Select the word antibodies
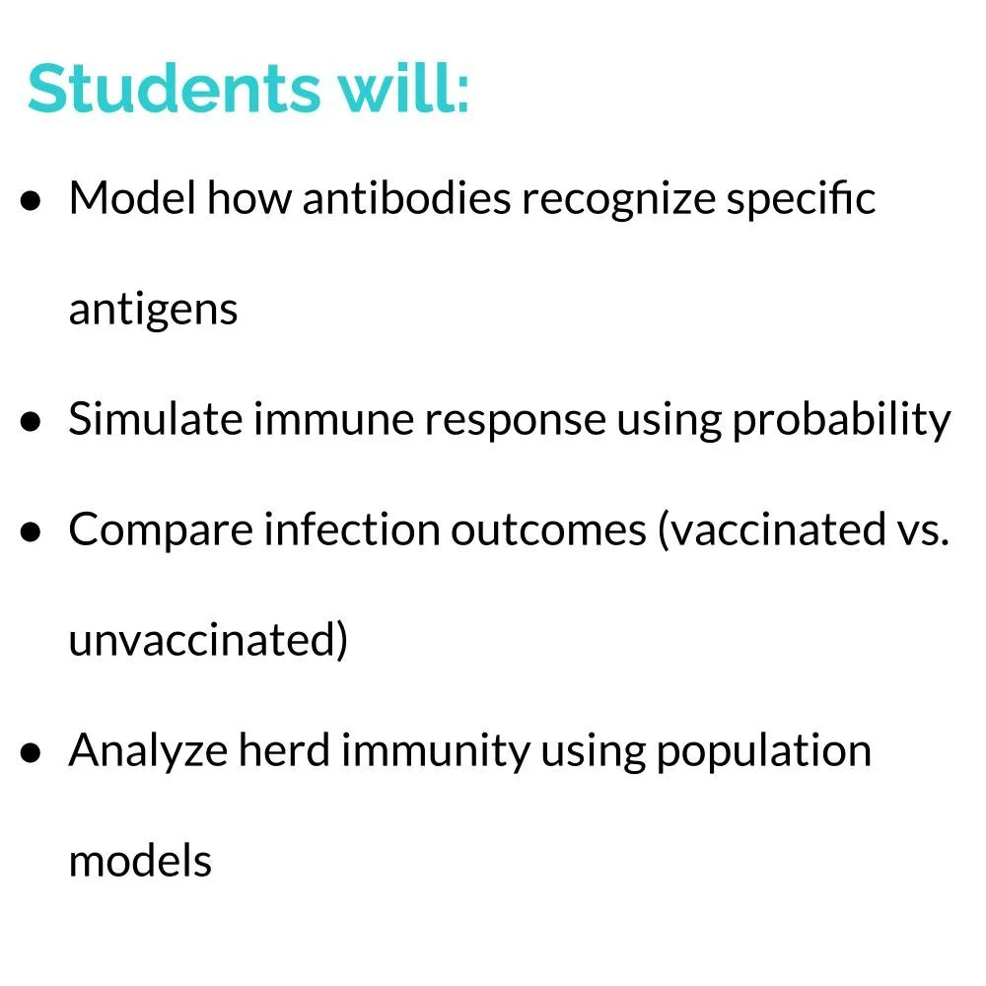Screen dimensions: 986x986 407,199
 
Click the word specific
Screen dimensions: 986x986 802,199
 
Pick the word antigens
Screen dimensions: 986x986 153,311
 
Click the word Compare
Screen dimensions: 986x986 148,530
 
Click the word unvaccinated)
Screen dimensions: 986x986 208,641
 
